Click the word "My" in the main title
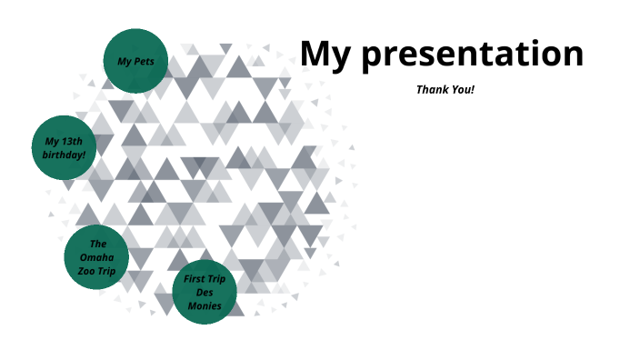[x=325, y=54]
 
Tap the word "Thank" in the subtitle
[x=432, y=89]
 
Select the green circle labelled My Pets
[x=135, y=61]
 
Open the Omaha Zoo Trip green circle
[x=96, y=258]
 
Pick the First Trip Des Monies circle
[x=205, y=293]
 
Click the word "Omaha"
[x=97, y=258]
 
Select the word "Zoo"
[x=87, y=272]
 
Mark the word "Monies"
[x=205, y=306]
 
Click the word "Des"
[x=205, y=293]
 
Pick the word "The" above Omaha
[x=98, y=244]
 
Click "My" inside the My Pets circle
[x=124, y=62]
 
